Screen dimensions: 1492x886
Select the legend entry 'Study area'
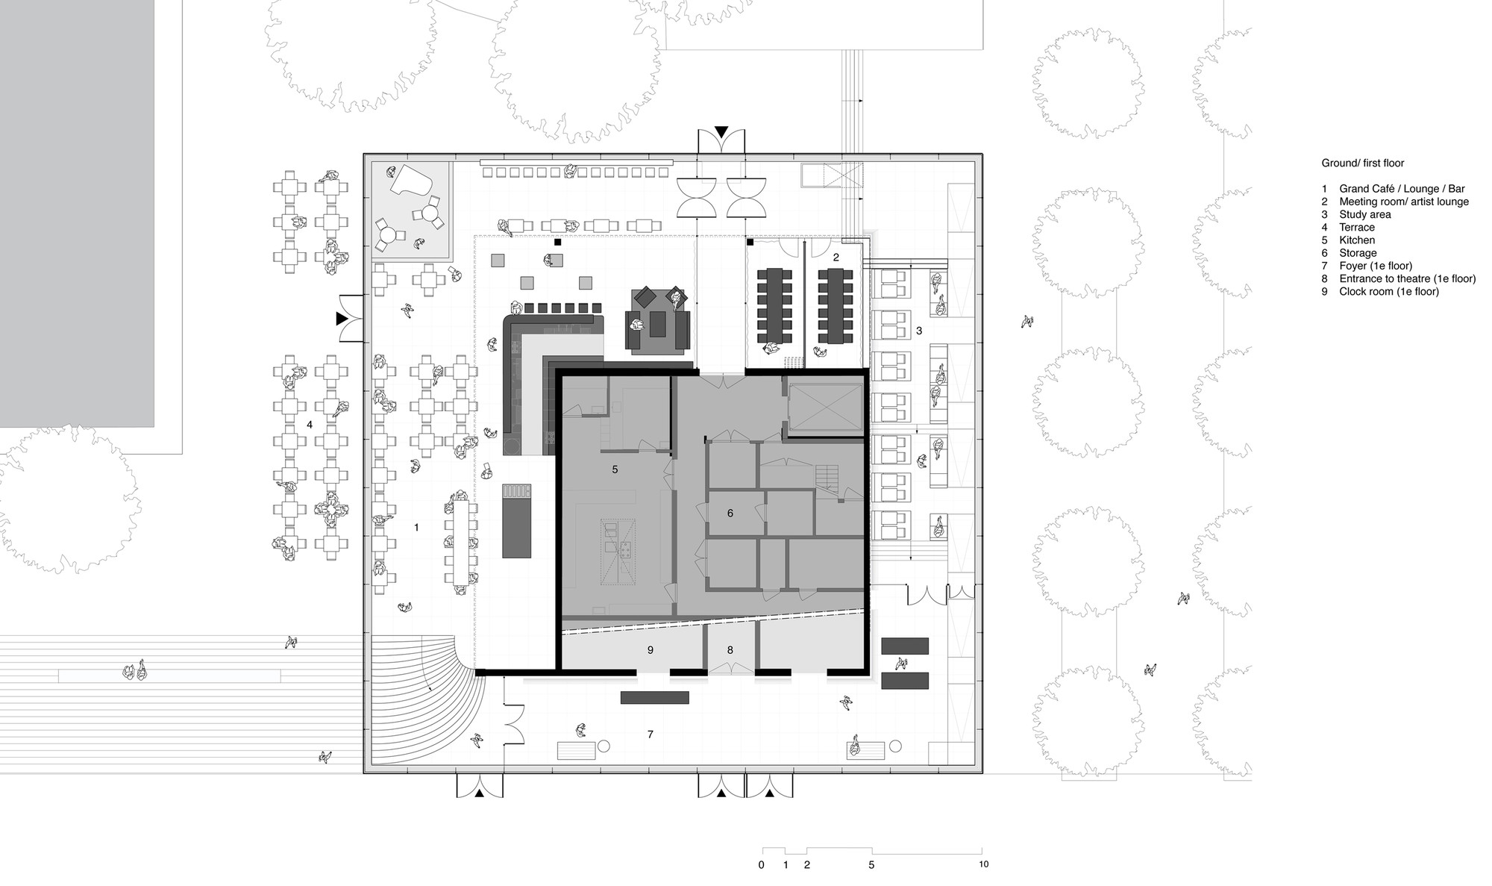[1364, 214]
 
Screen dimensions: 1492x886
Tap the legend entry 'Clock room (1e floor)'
[1388, 291]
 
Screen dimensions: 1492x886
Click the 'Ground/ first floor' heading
[1363, 163]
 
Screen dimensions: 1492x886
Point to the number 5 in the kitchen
[615, 469]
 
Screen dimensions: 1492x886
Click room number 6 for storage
[730, 513]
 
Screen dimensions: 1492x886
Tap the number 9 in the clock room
[650, 650]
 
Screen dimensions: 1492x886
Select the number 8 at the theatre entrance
[730, 650]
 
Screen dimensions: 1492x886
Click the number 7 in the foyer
[650, 734]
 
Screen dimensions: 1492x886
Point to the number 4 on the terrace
[310, 425]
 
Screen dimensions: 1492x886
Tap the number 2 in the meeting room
[836, 257]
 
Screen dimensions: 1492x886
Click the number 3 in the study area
[919, 330]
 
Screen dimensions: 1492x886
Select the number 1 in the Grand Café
[416, 528]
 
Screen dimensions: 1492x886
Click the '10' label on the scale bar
[983, 864]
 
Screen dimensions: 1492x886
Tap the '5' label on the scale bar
[871, 865]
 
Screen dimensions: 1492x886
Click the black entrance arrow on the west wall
[342, 319]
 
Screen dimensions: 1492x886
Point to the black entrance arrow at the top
[721, 132]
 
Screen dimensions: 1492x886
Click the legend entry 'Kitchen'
[1357, 240]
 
